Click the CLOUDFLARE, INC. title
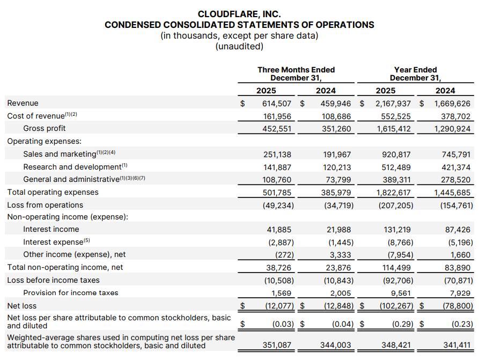(x=239, y=14)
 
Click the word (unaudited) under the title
(x=239, y=47)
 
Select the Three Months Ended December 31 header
(x=296, y=74)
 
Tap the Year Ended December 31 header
(x=415, y=74)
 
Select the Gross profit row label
(x=45, y=128)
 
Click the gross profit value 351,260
(x=336, y=128)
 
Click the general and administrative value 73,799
(x=338, y=179)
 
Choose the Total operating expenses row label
(x=53, y=192)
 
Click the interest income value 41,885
(x=279, y=229)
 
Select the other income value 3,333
(x=341, y=254)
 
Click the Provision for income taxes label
(x=70, y=292)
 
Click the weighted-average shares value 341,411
(x=455, y=346)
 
